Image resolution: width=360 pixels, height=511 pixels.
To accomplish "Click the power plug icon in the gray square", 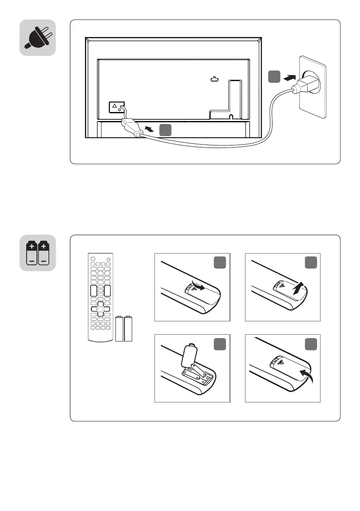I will (38, 38).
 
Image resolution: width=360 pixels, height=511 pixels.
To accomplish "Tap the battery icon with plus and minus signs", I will (38, 253).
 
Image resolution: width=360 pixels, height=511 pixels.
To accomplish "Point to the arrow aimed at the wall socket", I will (290, 78).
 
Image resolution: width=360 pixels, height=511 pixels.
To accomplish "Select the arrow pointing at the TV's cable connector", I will (149, 128).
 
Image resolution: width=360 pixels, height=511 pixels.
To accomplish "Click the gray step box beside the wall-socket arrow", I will (274, 77).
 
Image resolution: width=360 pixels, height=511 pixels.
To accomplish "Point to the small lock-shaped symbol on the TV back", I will (215, 79).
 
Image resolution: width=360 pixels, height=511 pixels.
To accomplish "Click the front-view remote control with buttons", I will (100, 297).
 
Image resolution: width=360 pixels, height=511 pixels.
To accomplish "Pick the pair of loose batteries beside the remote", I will (124, 329).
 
